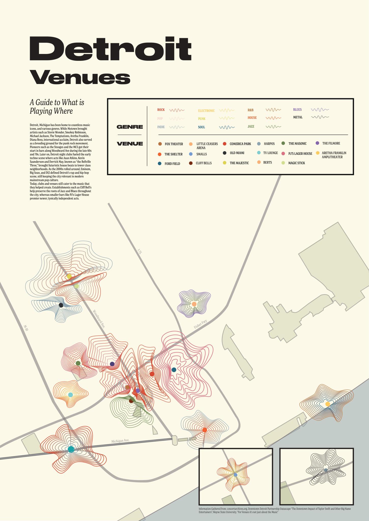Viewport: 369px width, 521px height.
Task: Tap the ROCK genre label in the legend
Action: pos(161,110)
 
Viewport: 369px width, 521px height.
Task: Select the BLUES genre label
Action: pos(297,110)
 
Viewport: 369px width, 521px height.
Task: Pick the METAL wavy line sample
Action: pos(320,117)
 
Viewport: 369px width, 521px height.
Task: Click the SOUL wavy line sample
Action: pos(227,127)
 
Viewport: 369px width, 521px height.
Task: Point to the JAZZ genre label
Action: pos(251,126)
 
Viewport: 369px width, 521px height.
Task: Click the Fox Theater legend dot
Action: pos(160,144)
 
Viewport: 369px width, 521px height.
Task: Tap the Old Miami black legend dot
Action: pos(225,153)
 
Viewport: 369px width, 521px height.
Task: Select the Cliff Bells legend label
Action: pos(204,163)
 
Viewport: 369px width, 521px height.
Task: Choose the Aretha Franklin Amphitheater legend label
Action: pos(334,155)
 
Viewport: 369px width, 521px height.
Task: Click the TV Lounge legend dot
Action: pos(259,153)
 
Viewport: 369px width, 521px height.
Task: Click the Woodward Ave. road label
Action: pos(99,319)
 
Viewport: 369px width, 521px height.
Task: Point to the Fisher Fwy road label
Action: pos(201,325)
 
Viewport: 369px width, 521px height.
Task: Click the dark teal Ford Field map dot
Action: pos(174,370)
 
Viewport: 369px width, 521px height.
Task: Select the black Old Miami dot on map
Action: pos(61,305)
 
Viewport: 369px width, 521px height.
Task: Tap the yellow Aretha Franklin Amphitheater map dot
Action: pos(328,404)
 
